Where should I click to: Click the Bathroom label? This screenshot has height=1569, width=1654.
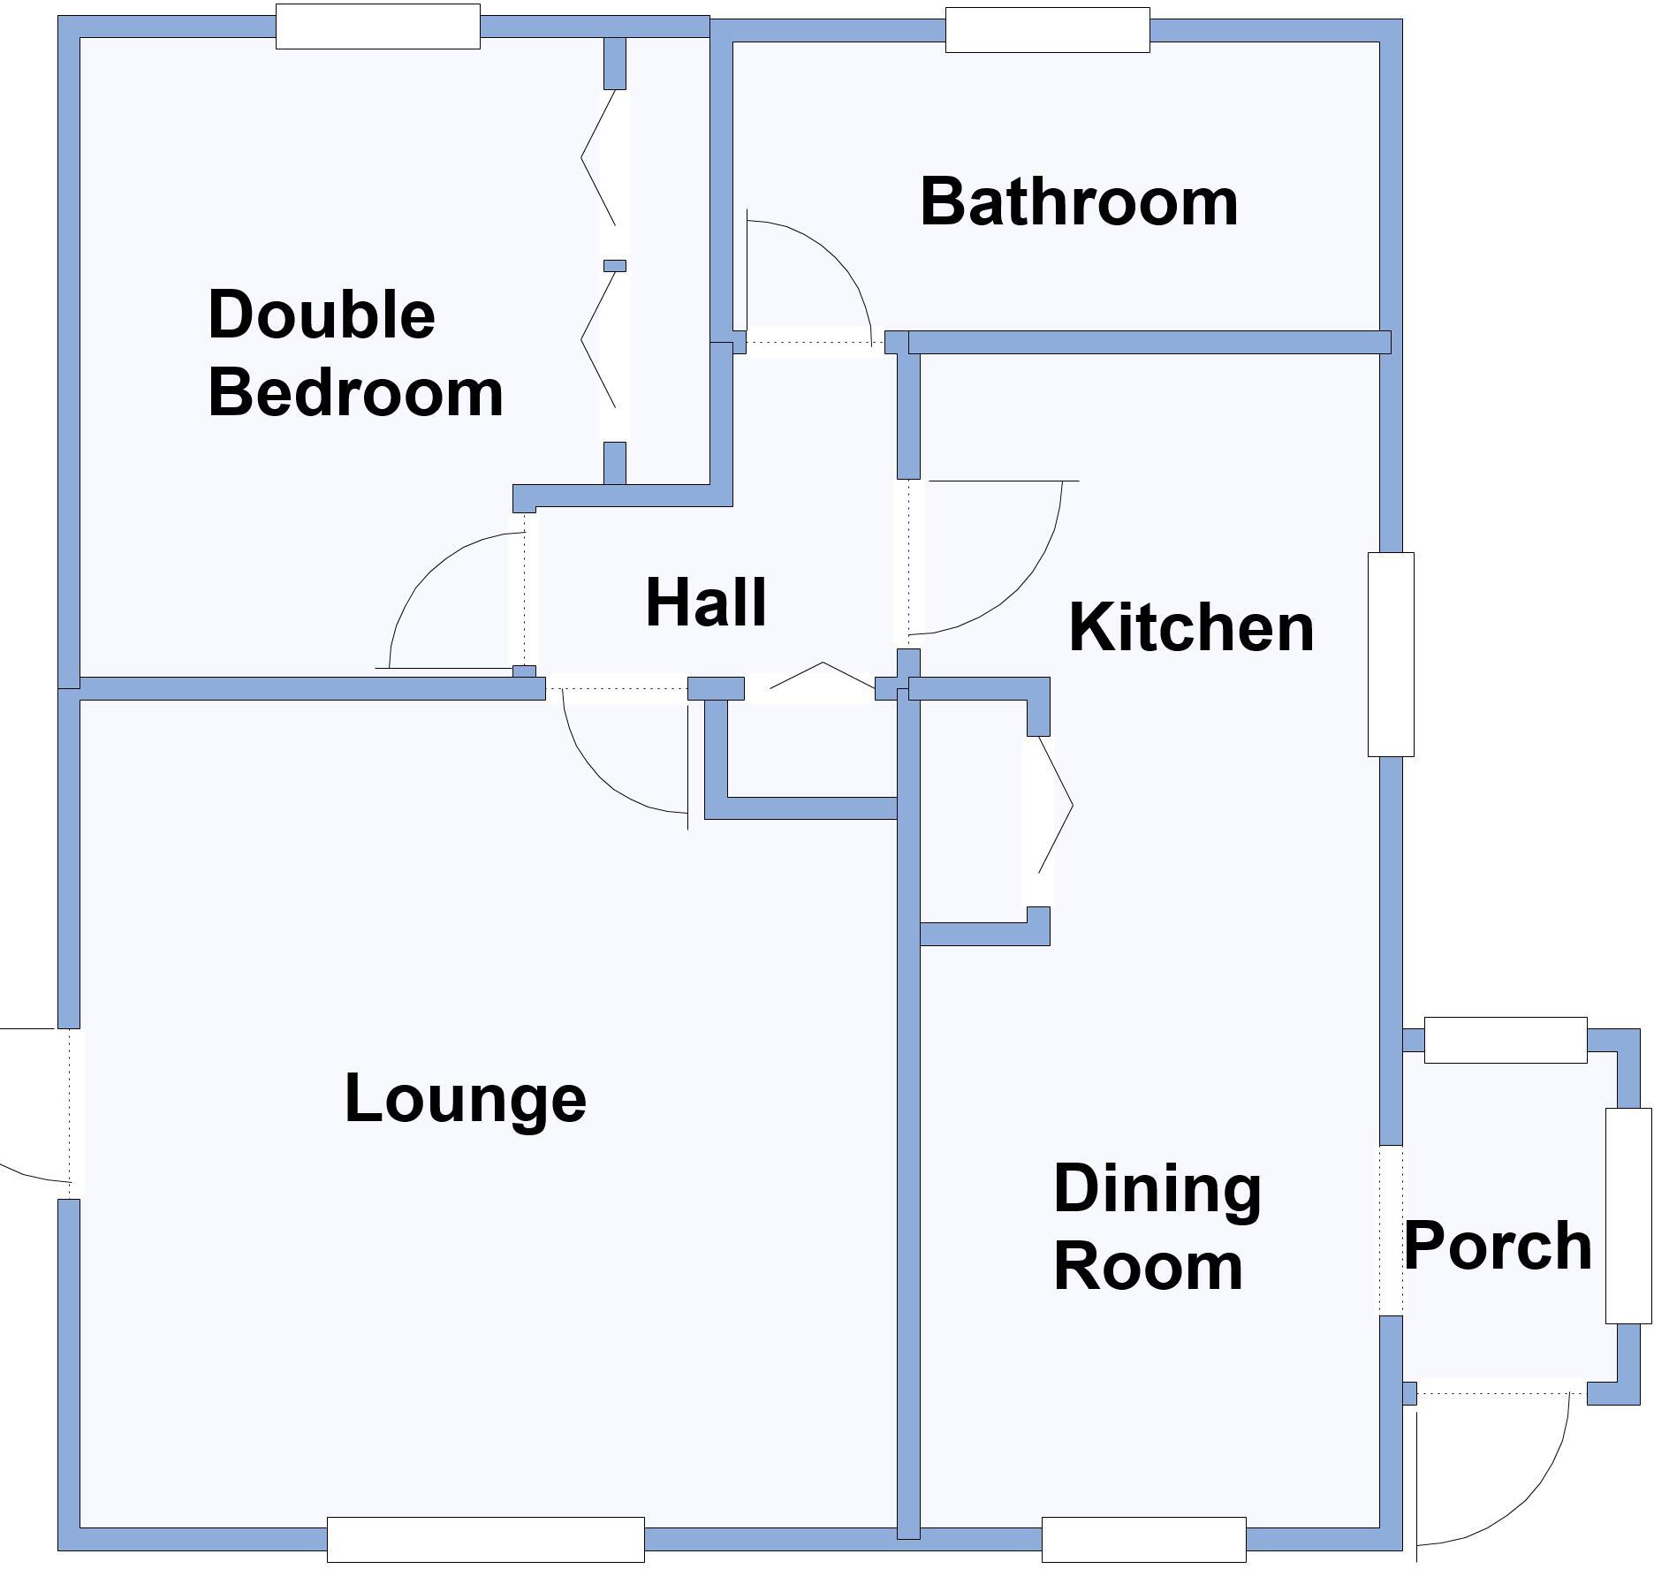click(x=1079, y=202)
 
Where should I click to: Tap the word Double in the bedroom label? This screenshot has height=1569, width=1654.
click(x=322, y=315)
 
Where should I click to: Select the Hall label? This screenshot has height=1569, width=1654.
click(x=706, y=603)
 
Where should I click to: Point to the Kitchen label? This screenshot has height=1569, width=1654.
click(x=1191, y=627)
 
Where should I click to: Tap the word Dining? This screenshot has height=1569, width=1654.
click(x=1157, y=1189)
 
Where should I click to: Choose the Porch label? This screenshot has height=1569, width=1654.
click(x=1498, y=1246)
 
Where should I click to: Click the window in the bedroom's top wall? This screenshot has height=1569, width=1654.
click(x=378, y=27)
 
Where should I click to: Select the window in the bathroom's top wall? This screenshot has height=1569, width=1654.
click(x=1047, y=30)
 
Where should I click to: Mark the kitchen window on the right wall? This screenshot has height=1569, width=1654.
click(x=1391, y=655)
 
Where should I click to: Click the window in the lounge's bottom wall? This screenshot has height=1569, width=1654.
click(x=485, y=1539)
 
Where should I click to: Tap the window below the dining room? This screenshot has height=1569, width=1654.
click(x=1143, y=1539)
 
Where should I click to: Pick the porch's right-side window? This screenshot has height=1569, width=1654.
click(x=1628, y=1216)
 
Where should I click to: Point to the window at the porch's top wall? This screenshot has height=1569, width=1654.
click(x=1506, y=1040)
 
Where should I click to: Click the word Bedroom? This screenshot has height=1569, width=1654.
click(x=355, y=392)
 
